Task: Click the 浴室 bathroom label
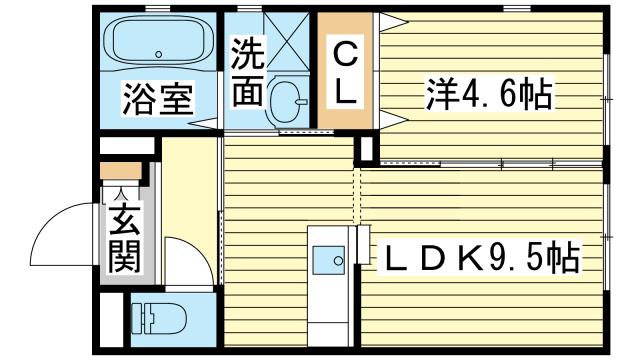point(158,98)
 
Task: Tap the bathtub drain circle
point(158,54)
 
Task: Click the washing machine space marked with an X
point(287,42)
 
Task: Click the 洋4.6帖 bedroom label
point(489,94)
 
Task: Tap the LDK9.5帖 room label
point(482,257)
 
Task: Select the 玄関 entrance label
point(124,238)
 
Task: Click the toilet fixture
point(159,318)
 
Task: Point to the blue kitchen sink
point(329,260)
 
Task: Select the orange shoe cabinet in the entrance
point(121,171)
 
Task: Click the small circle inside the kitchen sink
point(338,260)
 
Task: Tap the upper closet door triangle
point(393,22)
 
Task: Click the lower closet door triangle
point(393,120)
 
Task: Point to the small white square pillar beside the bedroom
point(367,149)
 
